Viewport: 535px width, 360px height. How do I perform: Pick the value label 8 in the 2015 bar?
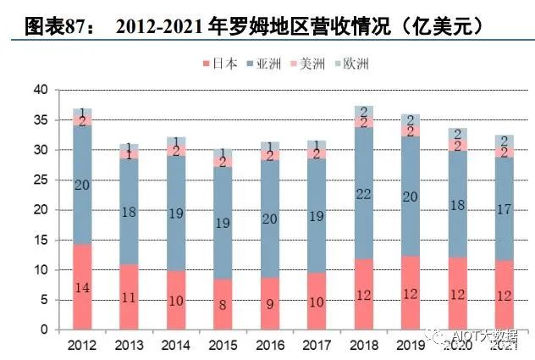click(x=223, y=304)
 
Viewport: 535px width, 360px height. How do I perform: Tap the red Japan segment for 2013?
click(x=129, y=296)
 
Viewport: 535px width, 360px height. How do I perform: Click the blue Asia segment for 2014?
click(x=176, y=213)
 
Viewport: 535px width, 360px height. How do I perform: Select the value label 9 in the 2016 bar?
click(x=269, y=303)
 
